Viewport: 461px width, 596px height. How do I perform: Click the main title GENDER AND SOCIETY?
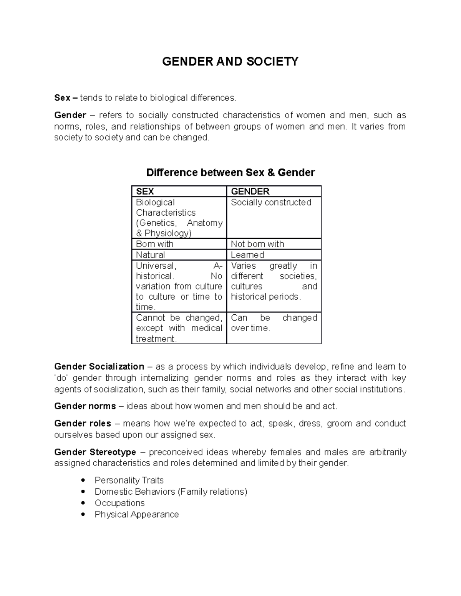tap(230, 61)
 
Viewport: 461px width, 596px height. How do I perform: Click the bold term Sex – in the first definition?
tap(66, 98)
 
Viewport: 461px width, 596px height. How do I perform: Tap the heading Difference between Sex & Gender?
tap(230, 173)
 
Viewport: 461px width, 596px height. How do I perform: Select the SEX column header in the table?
tap(145, 192)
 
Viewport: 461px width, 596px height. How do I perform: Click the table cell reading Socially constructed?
tap(271, 203)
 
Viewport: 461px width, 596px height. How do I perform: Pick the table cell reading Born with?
tap(155, 244)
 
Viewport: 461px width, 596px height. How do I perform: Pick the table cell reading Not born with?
tap(257, 244)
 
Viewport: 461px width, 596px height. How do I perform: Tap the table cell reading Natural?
tap(151, 255)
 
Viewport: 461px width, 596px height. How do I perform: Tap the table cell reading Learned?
tap(247, 255)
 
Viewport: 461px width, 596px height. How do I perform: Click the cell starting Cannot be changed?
tap(179, 328)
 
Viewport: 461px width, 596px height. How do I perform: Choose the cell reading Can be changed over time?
tap(274, 323)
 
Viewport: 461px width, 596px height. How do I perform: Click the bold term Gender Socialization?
tap(99, 367)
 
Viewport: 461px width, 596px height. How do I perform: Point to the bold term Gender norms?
tap(85, 406)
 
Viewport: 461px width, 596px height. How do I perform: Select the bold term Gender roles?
tap(83, 424)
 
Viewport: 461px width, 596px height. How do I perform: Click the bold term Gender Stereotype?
tap(95, 452)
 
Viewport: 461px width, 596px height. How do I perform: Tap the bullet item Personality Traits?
tap(129, 480)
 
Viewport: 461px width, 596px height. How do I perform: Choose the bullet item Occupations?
tap(119, 503)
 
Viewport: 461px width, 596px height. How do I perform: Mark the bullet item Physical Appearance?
tap(137, 515)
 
